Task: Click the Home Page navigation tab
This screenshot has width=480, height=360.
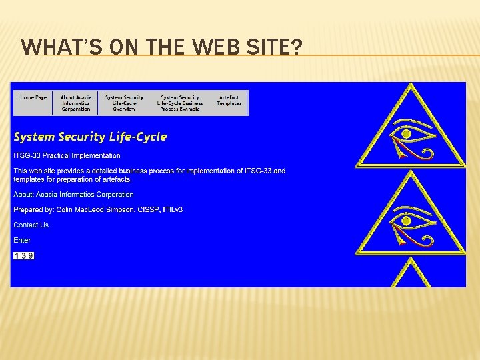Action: click(33, 97)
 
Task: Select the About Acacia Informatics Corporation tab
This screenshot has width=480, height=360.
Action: click(76, 103)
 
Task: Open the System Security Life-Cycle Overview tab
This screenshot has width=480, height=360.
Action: click(124, 103)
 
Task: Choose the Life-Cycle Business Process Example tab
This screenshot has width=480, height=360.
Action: click(179, 103)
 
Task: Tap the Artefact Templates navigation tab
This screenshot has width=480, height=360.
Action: click(229, 100)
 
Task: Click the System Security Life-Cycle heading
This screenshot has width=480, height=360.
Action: click(90, 137)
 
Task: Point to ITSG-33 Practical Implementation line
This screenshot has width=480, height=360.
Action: click(67, 155)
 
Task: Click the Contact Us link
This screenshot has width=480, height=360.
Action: click(31, 225)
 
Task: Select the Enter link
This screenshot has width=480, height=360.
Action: click(22, 240)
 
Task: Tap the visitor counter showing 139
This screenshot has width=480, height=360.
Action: click(23, 255)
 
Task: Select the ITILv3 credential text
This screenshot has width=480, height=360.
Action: click(171, 209)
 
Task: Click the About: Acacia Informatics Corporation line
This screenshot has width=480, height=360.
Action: click(73, 195)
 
